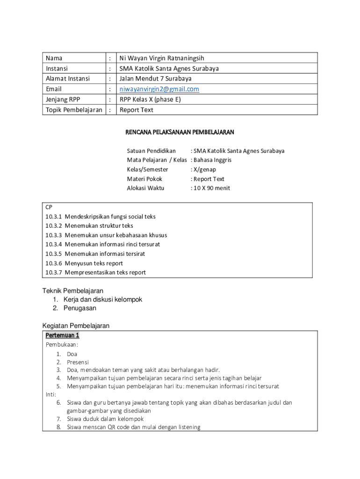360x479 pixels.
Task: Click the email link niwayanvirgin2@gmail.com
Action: tap(159, 89)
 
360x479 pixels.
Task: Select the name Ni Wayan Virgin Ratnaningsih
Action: tap(162, 58)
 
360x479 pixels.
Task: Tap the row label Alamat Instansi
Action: tap(68, 79)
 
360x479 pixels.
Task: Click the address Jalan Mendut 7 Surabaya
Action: tap(155, 79)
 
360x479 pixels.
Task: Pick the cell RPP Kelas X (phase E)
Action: tap(150, 100)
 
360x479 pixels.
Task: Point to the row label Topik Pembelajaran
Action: tap(74, 110)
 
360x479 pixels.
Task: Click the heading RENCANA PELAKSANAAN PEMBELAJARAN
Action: tap(180, 133)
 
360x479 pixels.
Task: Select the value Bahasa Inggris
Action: tap(213, 160)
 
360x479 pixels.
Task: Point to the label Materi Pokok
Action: tap(144, 179)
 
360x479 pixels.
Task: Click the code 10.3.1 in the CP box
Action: tap(53, 217)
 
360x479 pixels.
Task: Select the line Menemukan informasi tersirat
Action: tap(105, 254)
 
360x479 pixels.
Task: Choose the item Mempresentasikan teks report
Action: tap(105, 273)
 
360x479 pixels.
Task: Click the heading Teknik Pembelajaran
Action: tap(73, 291)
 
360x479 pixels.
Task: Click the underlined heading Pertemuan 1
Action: tap(62, 335)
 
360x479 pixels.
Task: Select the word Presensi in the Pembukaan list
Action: tap(78, 362)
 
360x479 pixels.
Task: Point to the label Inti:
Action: tap(51, 394)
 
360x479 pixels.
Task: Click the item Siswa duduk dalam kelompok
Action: tap(105, 419)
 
